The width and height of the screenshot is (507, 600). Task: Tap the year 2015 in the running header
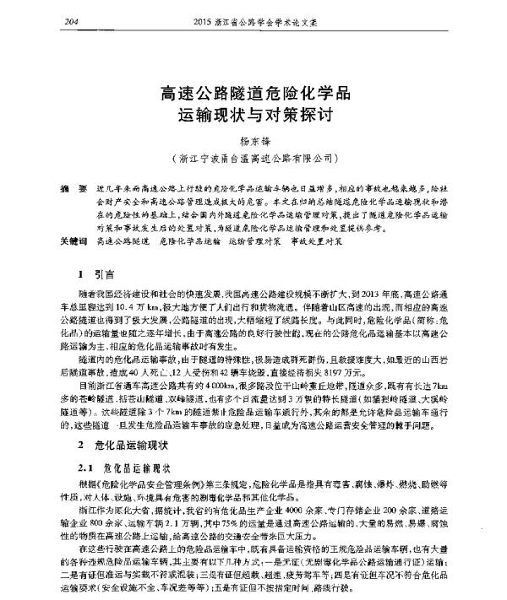(206, 20)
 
